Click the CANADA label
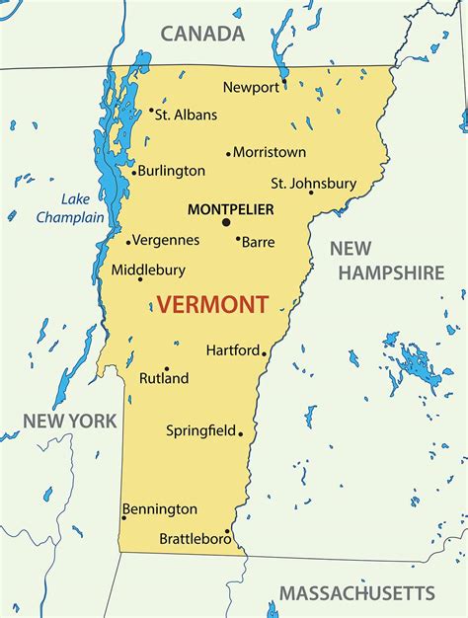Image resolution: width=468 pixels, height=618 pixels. [202, 35]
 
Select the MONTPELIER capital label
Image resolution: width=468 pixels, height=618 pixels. [230, 209]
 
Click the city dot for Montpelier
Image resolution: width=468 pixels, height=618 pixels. [225, 222]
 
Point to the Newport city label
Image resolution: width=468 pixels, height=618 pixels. [251, 87]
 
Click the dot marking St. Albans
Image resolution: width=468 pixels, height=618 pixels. [151, 112]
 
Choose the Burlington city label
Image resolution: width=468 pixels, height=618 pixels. [172, 171]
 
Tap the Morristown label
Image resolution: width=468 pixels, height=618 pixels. [270, 152]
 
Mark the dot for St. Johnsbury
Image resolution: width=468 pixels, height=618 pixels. [311, 192]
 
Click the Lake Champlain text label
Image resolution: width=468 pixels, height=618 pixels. [71, 207]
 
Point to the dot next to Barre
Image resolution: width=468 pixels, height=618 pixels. [238, 238]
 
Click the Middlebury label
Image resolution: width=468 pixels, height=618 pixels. [147, 269]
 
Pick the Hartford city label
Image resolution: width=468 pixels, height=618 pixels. [233, 349]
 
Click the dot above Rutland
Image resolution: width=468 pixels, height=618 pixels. [166, 368]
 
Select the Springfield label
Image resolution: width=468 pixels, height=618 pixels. [200, 430]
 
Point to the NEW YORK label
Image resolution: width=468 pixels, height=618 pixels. [70, 421]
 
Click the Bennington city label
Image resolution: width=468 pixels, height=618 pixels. [160, 509]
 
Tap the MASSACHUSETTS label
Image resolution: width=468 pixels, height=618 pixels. [356, 593]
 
